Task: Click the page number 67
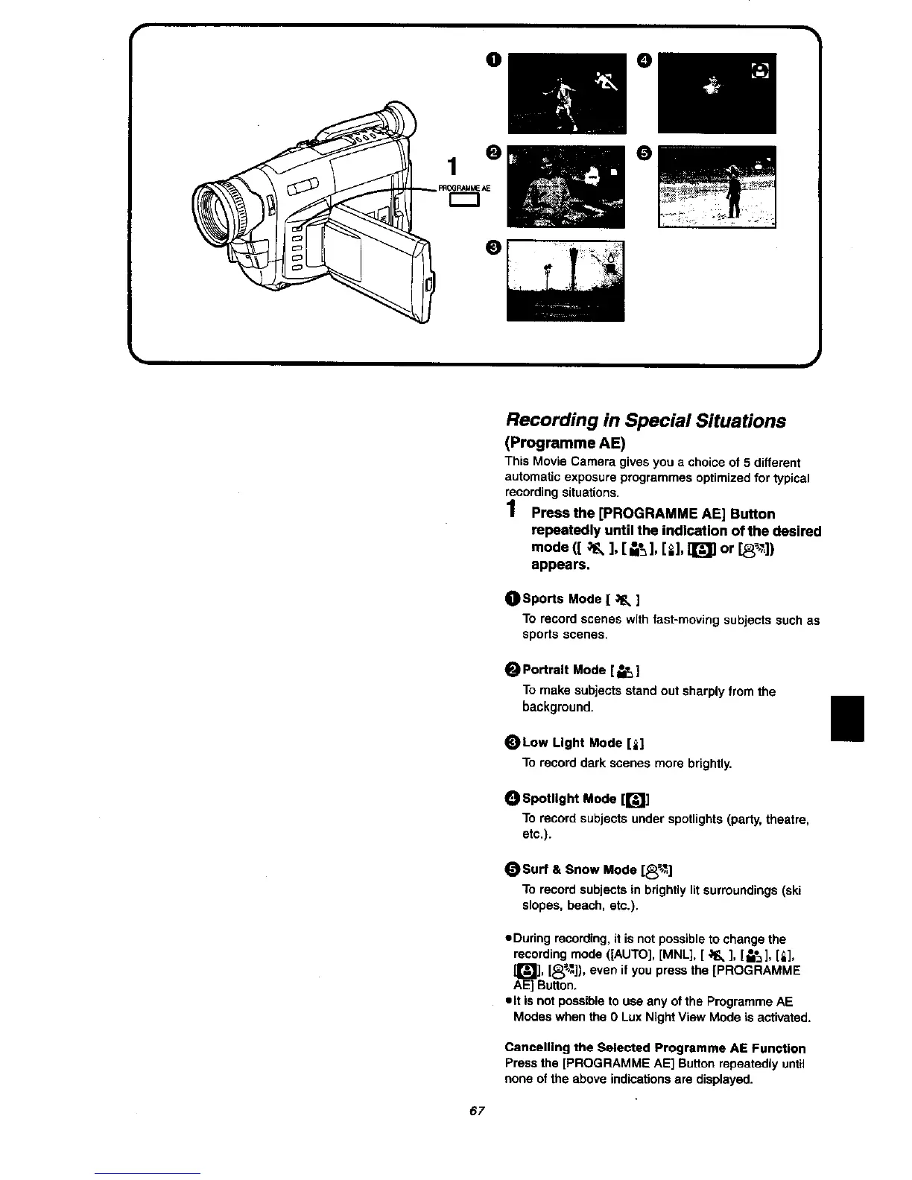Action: pos(477,1111)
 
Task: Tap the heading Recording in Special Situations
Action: pos(645,421)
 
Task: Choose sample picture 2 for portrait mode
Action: pos(566,186)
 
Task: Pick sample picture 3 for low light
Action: pos(566,280)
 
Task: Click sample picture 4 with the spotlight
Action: pos(717,92)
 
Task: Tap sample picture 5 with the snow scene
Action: pos(717,186)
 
